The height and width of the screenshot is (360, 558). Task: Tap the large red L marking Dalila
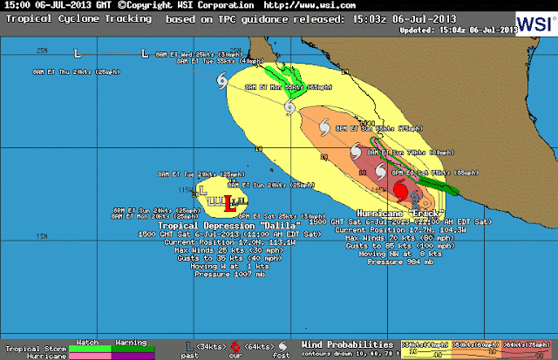[229, 206]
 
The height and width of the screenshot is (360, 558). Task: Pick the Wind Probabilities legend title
[343, 343]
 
